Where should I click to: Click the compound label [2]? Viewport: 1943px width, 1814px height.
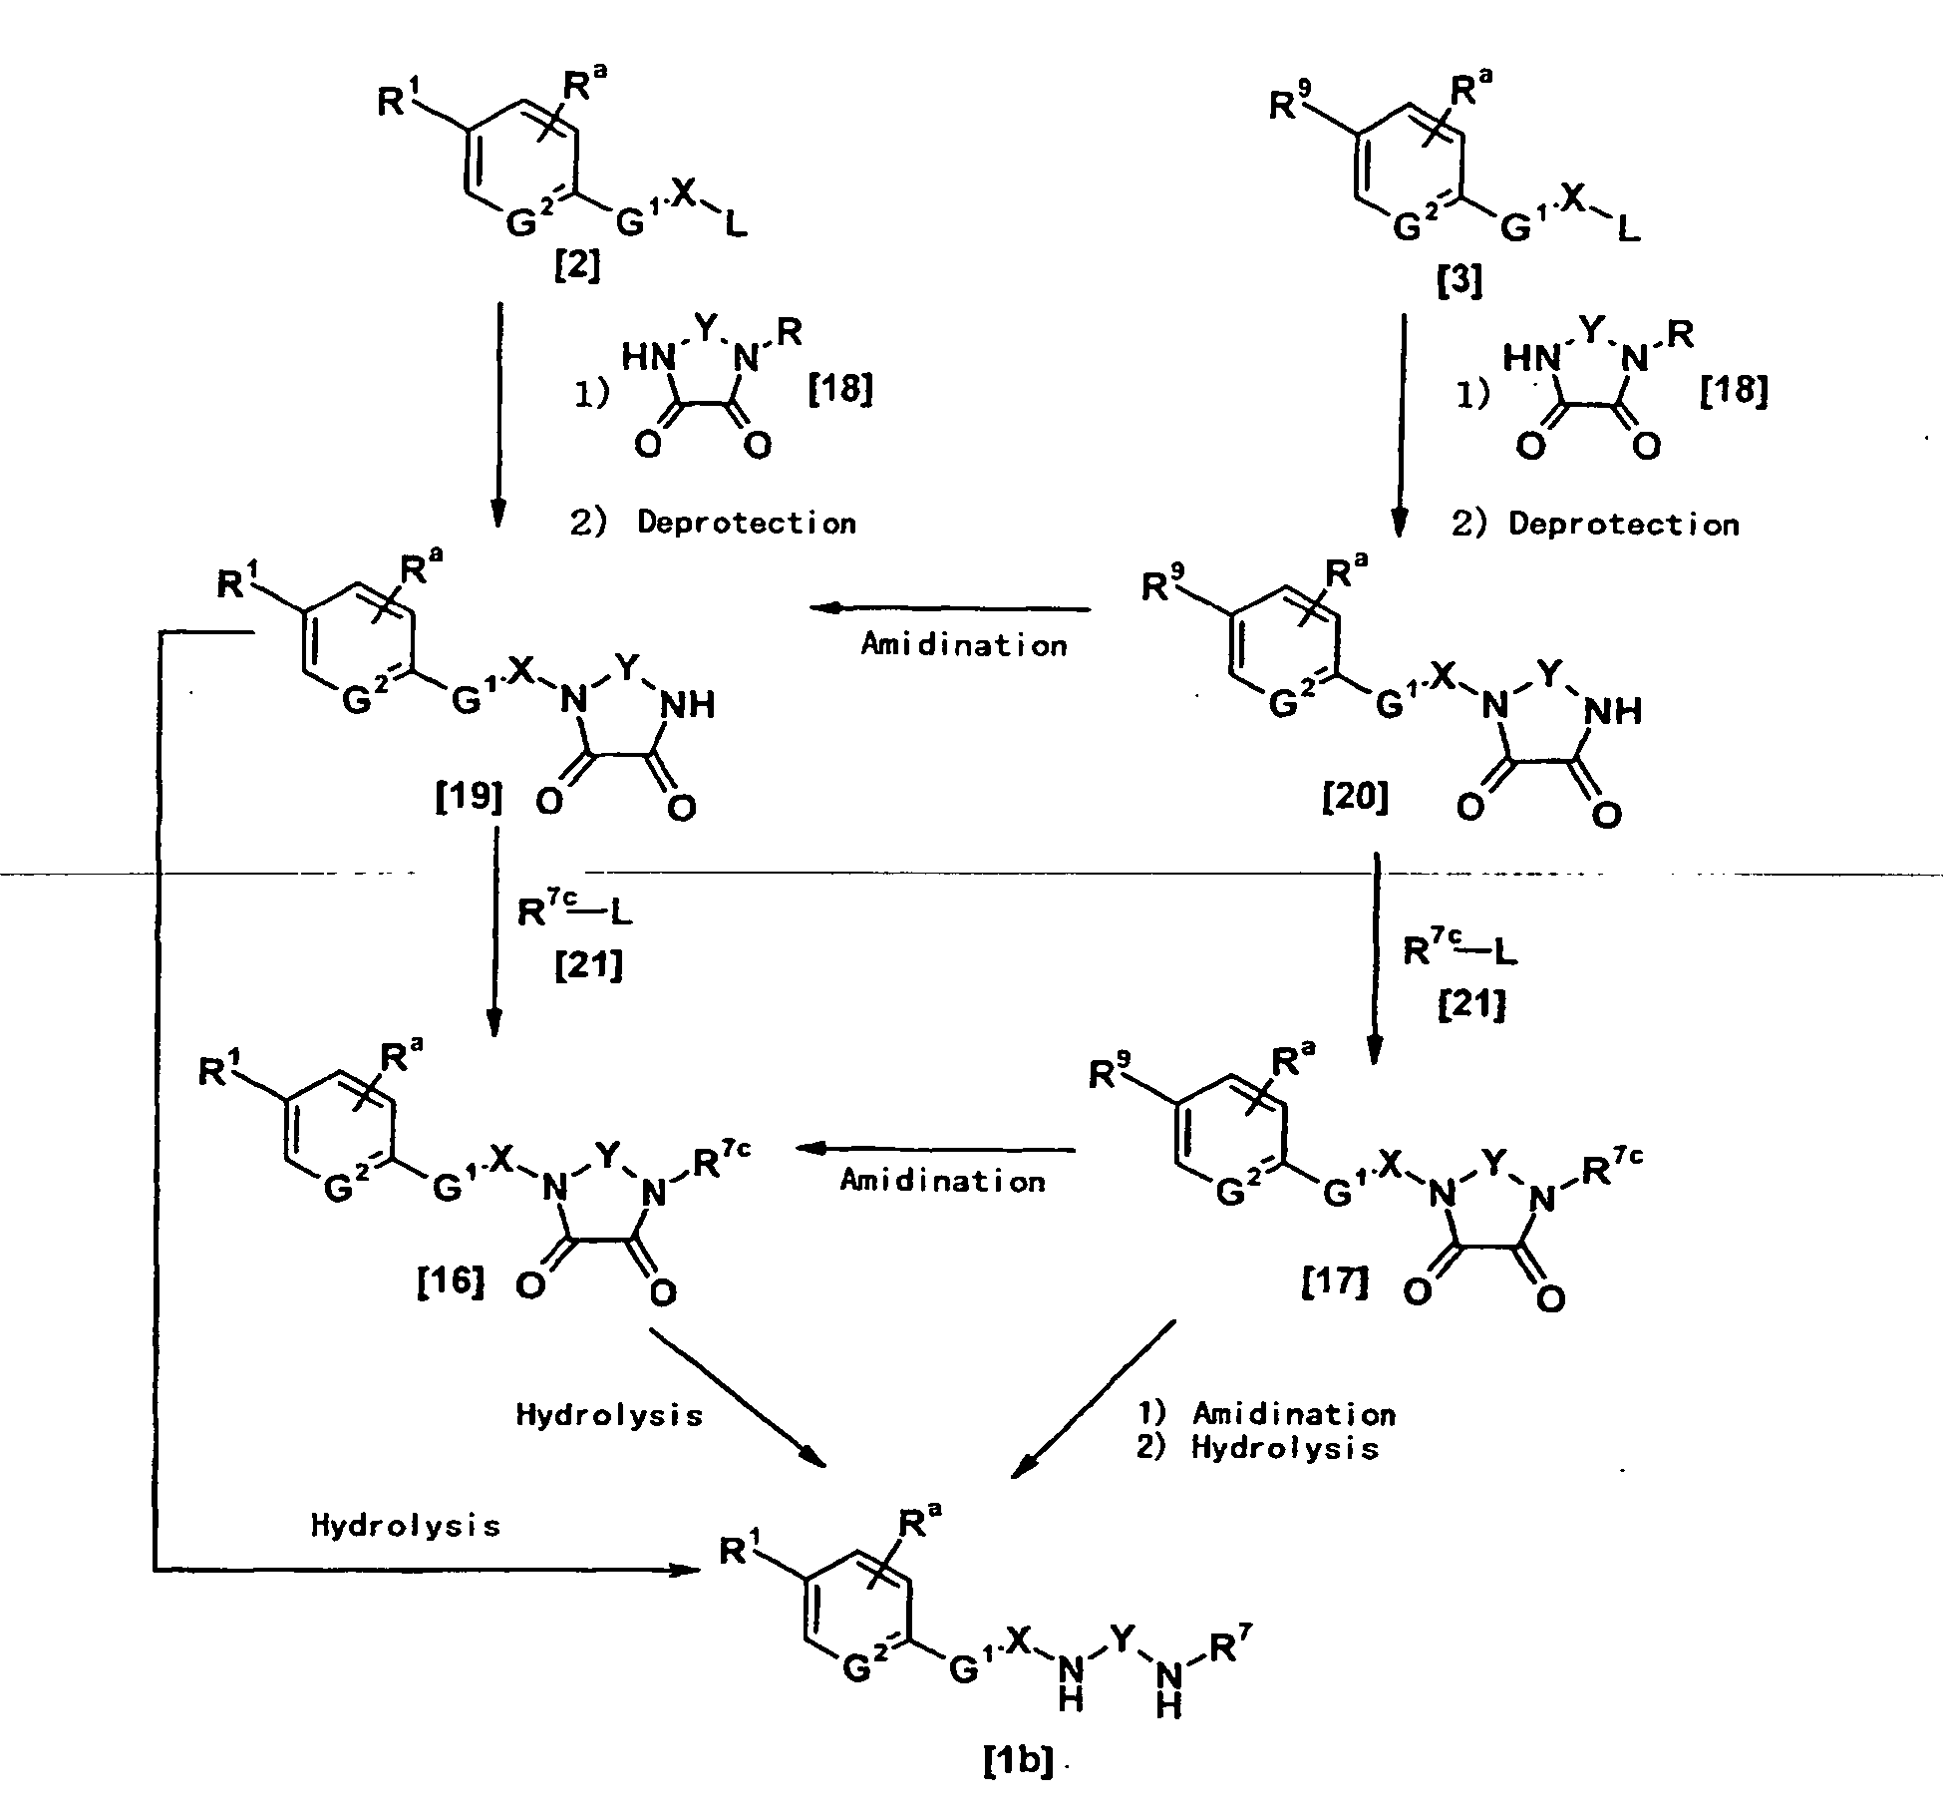coord(577,266)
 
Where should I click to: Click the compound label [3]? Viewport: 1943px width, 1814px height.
coord(1459,281)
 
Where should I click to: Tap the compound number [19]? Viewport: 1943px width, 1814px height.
coord(469,797)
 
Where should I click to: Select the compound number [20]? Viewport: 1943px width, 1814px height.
coord(1355,797)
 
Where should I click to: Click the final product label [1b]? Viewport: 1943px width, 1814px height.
coord(1018,1763)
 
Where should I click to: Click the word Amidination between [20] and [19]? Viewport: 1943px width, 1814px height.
coord(964,645)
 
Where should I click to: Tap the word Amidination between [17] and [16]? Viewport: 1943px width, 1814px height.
coord(943,1181)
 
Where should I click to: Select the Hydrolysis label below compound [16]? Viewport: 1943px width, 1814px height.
coord(609,1415)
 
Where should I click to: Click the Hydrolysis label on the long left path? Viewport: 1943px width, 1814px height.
coord(405,1525)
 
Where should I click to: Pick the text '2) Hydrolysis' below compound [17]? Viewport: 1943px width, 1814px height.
coord(1257,1447)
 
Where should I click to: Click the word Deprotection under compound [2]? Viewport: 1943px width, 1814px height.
coord(747,522)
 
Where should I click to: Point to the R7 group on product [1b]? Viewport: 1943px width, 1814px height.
coord(1225,1649)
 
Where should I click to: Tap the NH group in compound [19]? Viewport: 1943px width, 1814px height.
coord(689,705)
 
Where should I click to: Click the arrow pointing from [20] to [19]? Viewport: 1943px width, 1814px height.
coord(950,608)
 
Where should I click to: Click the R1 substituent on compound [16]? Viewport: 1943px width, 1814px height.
coord(218,1072)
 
